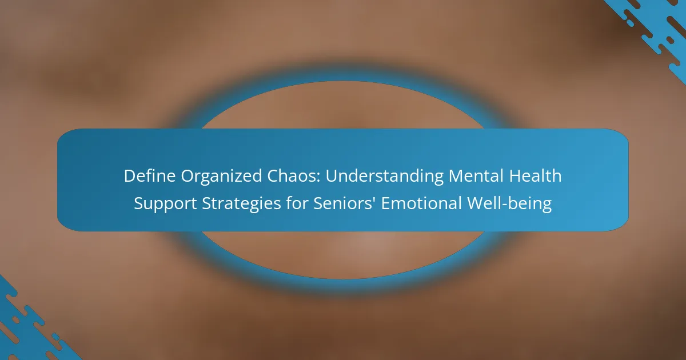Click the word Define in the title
tap(149, 176)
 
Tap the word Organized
tap(221, 177)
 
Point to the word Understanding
tap(384, 177)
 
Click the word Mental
tap(476, 176)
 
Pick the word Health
tap(535, 175)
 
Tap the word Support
tap(165, 204)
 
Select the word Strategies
tap(241, 204)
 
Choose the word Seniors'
tap(345, 203)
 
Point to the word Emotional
tap(421, 203)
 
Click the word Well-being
tap(509, 203)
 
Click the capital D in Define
tap(130, 176)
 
